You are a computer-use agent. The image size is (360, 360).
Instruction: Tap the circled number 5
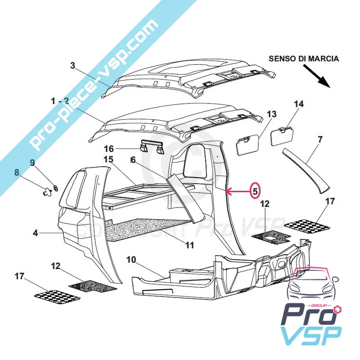click(x=255, y=191)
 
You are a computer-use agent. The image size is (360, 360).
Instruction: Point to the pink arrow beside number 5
click(x=236, y=192)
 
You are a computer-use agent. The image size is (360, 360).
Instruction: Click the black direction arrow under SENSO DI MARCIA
click(x=317, y=74)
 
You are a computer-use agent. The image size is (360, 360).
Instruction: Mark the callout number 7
click(x=319, y=139)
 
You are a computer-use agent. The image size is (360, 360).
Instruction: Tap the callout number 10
click(x=130, y=260)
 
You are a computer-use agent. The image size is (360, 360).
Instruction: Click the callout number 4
click(x=36, y=233)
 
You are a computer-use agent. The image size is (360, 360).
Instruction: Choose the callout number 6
click(x=133, y=160)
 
